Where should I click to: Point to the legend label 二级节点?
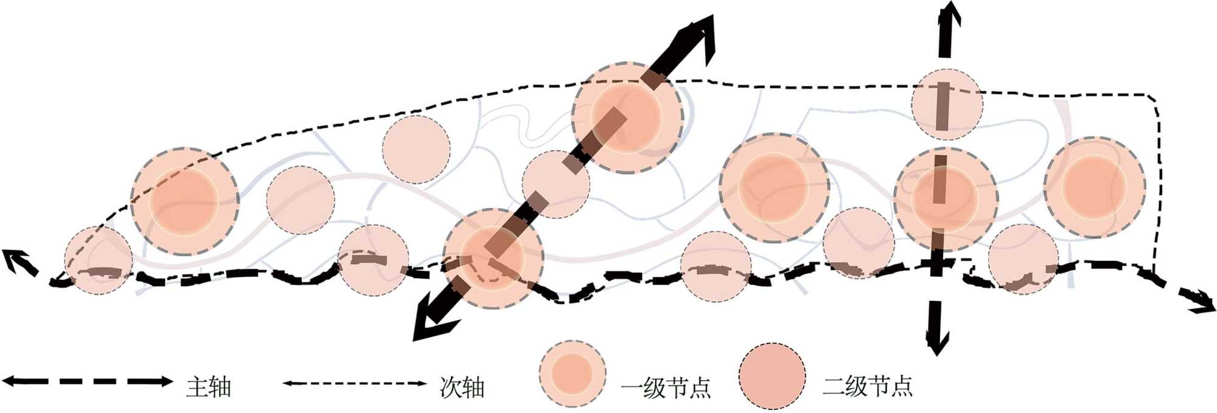[x=868, y=386]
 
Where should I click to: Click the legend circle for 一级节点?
[x=572, y=373]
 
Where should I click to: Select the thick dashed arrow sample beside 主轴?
[x=88, y=382]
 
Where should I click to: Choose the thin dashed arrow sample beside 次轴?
[x=355, y=383]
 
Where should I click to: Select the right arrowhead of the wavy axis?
[x=1199, y=301]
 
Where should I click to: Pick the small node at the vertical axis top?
[x=947, y=104]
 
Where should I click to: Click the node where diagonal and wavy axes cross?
[x=493, y=259]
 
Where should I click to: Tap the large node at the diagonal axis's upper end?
[x=627, y=117]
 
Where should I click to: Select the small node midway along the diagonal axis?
[x=556, y=184]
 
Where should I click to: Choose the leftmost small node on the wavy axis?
[x=98, y=260]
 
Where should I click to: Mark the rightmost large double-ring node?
[x=1094, y=187]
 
